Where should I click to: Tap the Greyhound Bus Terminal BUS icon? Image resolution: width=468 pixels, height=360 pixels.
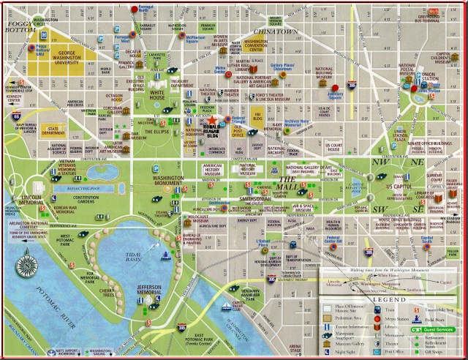click(432, 12)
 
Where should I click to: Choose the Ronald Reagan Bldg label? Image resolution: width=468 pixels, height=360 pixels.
click(213, 132)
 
